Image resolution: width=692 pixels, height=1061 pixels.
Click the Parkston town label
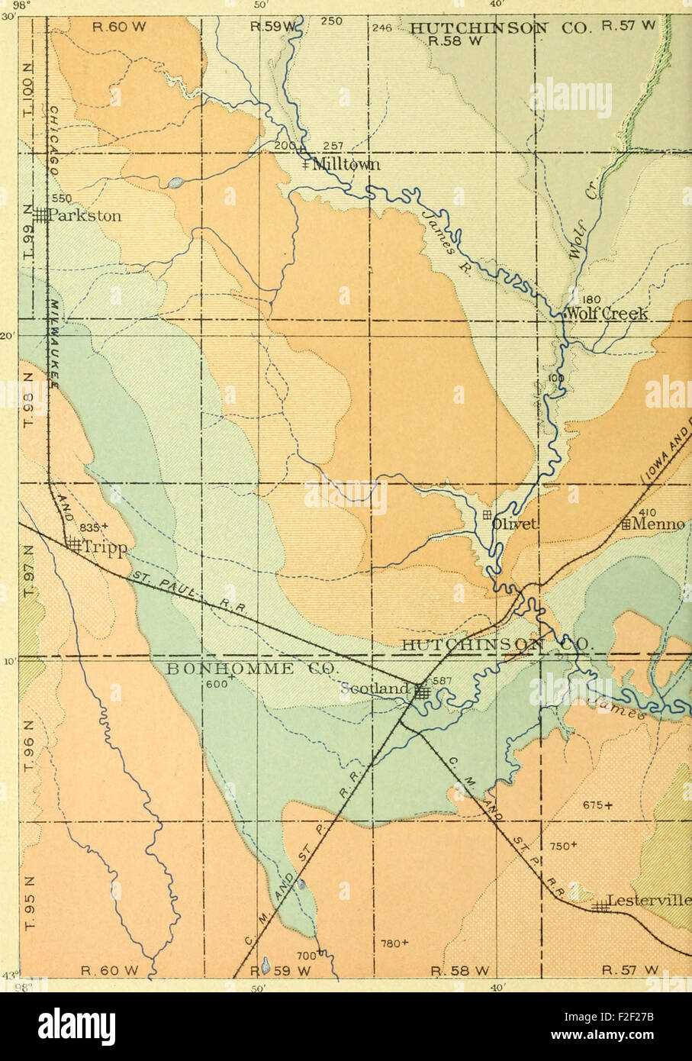(x=84, y=216)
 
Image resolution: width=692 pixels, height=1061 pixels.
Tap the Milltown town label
(x=346, y=165)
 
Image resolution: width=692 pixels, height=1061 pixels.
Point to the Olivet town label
(x=516, y=524)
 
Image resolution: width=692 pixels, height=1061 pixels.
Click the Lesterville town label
(x=650, y=901)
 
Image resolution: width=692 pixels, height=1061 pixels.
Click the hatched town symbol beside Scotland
(x=422, y=692)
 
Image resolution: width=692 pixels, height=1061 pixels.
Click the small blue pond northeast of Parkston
(x=175, y=182)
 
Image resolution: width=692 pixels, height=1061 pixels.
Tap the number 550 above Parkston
(x=61, y=198)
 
